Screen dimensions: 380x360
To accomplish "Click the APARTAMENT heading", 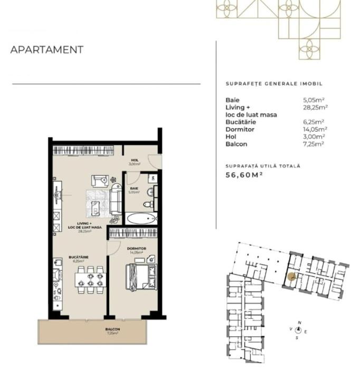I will point(47,50).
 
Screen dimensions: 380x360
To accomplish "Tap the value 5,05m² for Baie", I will point(315,100).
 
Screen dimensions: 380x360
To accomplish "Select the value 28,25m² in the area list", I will point(316,107).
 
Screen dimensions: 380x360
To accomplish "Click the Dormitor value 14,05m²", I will point(315,129).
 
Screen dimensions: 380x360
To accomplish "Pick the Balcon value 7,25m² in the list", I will point(314,144).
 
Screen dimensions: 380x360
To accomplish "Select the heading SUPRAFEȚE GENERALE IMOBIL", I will point(273,84).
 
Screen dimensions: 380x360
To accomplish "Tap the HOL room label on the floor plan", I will point(135,160).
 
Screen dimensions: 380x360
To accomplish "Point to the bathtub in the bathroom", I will point(141,218).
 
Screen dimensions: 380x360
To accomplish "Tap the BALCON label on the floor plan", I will point(112,330).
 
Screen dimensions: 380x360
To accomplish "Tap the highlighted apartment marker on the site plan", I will point(291,275).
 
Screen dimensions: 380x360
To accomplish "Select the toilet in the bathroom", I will point(149,203).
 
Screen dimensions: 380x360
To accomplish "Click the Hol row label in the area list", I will point(231,137).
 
